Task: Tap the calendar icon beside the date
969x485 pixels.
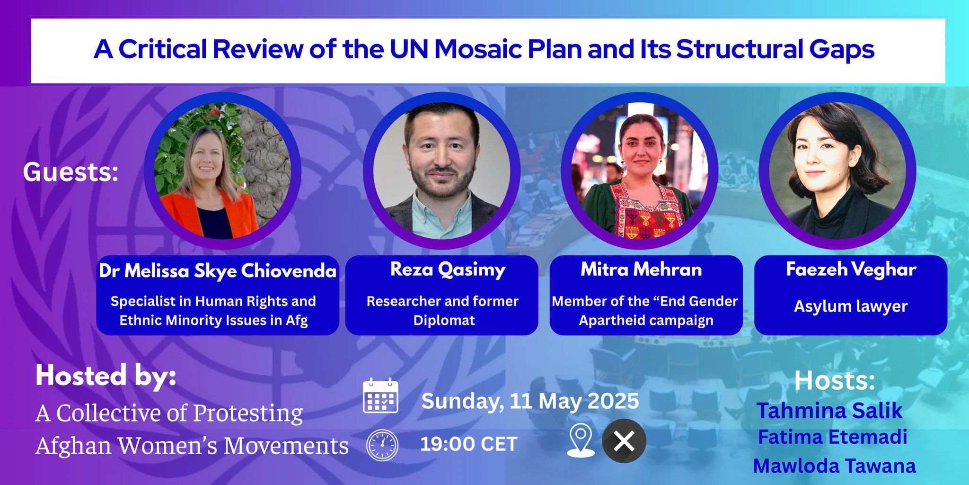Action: pyautogui.click(x=380, y=396)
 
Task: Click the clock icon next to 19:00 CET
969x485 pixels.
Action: pyautogui.click(x=382, y=445)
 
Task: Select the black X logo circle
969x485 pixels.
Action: pyautogui.click(x=624, y=441)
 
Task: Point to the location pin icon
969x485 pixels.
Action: pyautogui.click(x=581, y=440)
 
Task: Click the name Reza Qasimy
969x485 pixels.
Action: pyautogui.click(x=448, y=269)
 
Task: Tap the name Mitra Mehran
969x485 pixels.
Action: pyautogui.click(x=641, y=269)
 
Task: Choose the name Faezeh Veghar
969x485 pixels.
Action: pyautogui.click(x=851, y=269)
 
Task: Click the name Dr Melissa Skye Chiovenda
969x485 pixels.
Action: pyautogui.click(x=217, y=271)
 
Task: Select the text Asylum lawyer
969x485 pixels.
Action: pyautogui.click(x=850, y=306)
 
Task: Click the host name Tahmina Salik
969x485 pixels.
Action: pyautogui.click(x=829, y=411)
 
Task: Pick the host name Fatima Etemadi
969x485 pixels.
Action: pyautogui.click(x=832, y=437)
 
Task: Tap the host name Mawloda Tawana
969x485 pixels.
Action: pyautogui.click(x=834, y=466)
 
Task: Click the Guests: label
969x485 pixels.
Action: pyautogui.click(x=70, y=172)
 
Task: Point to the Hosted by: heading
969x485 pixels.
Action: pyautogui.click(x=106, y=376)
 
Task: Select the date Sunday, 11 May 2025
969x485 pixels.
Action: pyautogui.click(x=530, y=401)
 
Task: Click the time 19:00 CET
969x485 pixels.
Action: pyautogui.click(x=468, y=444)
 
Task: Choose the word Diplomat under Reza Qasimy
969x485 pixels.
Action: pyautogui.click(x=444, y=321)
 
